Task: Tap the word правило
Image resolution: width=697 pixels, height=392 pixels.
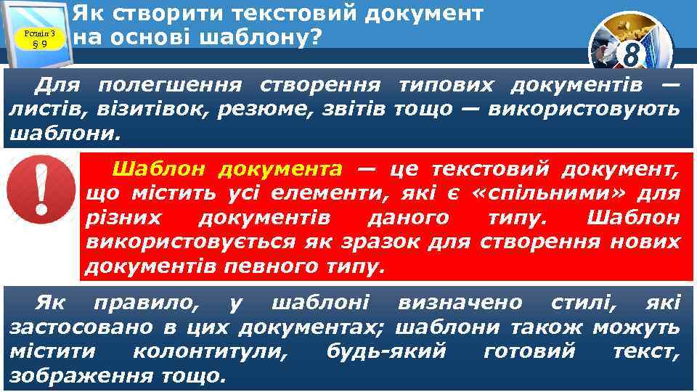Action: tap(143, 301)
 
